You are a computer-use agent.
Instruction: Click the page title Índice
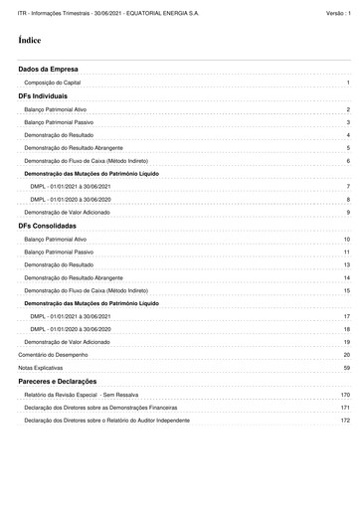(x=29, y=41)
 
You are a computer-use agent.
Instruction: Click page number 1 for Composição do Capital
(x=348, y=83)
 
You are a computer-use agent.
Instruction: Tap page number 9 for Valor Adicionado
(x=348, y=212)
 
